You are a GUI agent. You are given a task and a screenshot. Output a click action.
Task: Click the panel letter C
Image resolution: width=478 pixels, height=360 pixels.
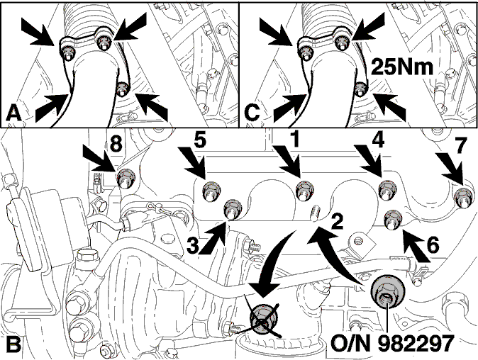pyautogui.click(x=252, y=113)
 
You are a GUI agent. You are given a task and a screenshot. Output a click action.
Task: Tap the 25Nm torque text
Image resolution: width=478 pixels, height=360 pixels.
pyautogui.click(x=402, y=67)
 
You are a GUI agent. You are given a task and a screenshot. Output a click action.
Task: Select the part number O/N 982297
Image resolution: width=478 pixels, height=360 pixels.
pyautogui.click(x=392, y=343)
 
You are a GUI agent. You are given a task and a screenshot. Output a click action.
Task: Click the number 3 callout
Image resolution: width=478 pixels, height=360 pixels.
pyautogui.click(x=193, y=245)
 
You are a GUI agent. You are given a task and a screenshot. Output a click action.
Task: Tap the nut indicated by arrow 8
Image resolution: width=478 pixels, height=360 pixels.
pyautogui.click(x=126, y=178)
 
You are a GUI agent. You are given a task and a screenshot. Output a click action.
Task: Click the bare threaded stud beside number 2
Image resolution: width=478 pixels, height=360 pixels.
pyautogui.click(x=315, y=213)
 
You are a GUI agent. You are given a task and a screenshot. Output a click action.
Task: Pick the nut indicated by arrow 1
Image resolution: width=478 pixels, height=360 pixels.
pyautogui.click(x=305, y=191)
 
